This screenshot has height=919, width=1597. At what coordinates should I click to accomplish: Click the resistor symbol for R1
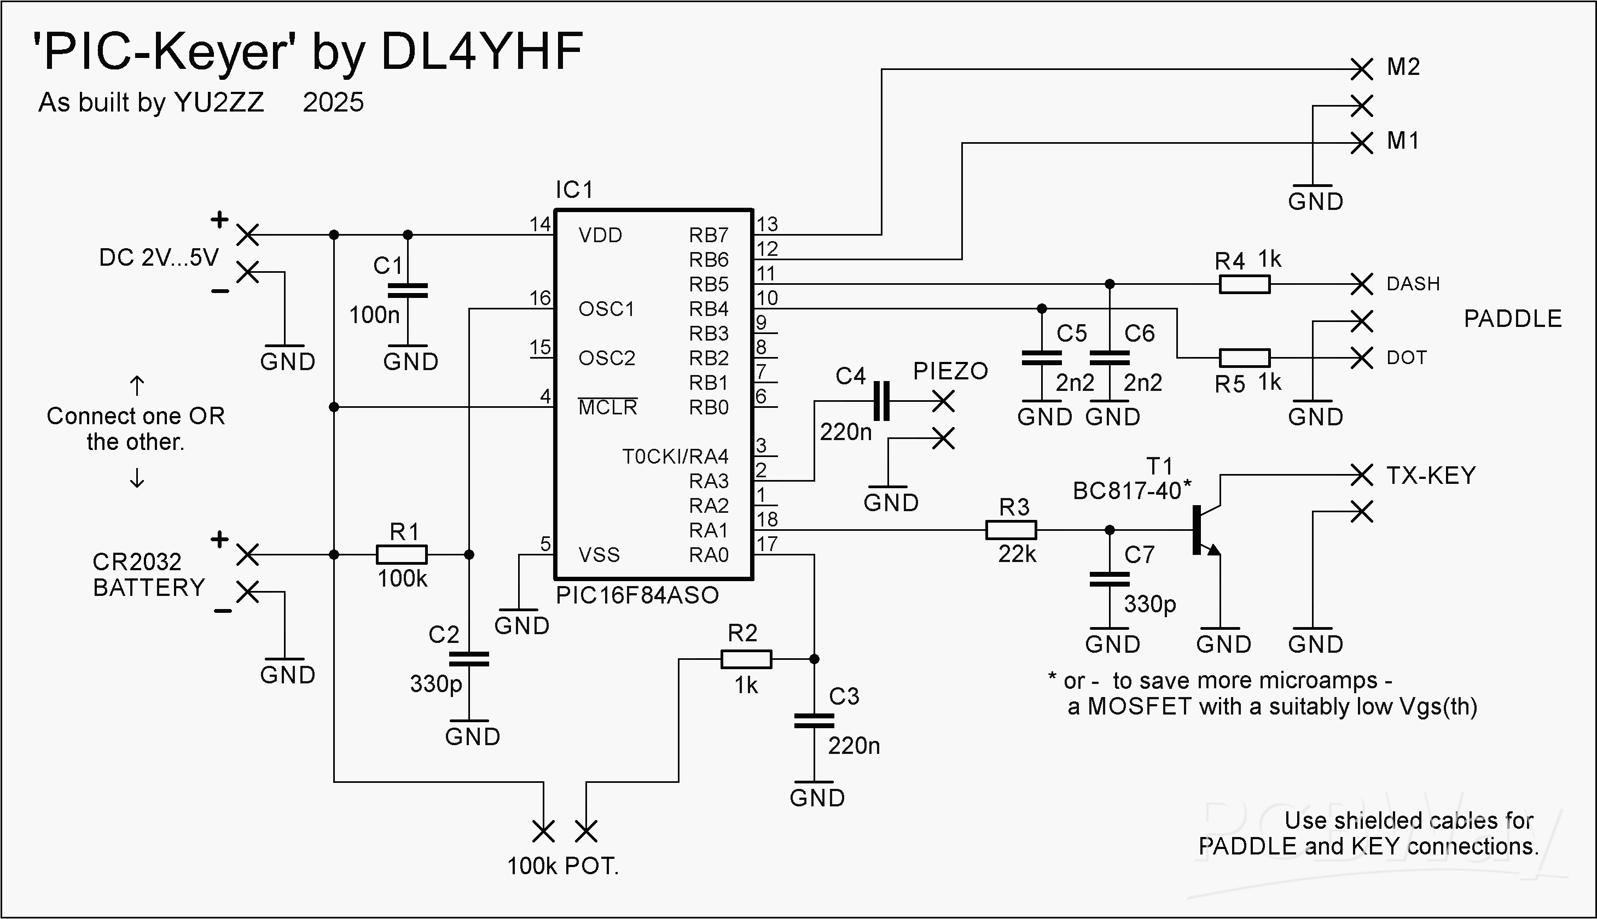pos(402,555)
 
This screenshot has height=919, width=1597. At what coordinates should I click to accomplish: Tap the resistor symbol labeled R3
pos(1011,530)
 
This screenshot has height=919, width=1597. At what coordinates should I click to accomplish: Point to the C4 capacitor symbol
pos(881,401)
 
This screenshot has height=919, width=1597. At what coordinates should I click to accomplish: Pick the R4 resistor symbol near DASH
pos(1244,285)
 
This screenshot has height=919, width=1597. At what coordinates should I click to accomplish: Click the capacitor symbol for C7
pos(1110,580)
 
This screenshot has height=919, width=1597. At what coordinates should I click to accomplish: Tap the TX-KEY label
pos(1431,475)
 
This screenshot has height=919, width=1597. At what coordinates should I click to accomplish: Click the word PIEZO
pos(950,371)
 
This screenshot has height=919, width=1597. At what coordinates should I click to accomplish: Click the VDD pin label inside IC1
pos(601,236)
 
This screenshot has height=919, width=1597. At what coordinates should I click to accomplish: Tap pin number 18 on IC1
pos(767,519)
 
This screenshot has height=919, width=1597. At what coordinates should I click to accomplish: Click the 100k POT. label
pos(562,866)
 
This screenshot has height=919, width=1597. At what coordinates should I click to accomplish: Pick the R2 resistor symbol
pos(746,659)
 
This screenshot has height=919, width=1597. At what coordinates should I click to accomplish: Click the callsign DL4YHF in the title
pos(482,51)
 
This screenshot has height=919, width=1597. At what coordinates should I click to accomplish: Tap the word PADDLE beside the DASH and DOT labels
pos(1513,319)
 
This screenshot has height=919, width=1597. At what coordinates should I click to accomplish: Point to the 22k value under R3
pos(1017,554)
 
